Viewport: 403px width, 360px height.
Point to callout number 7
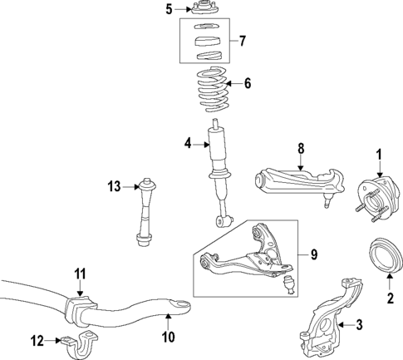(242, 41)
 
